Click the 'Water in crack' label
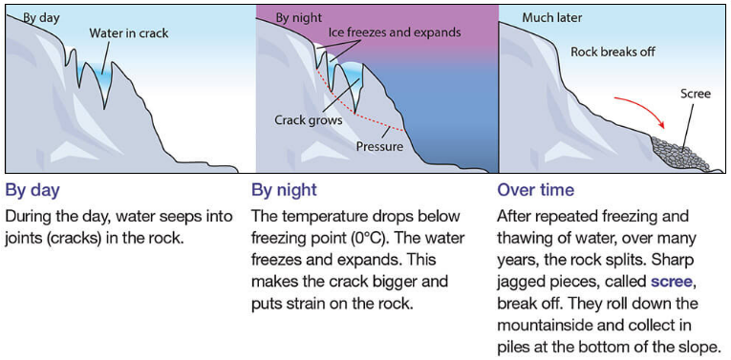coord(128,33)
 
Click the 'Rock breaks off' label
coord(613,52)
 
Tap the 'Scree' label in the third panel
coord(695,95)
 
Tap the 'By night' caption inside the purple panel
coord(298,17)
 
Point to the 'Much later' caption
coord(551,17)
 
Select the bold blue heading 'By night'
coord(284,190)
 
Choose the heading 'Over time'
coord(536,190)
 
